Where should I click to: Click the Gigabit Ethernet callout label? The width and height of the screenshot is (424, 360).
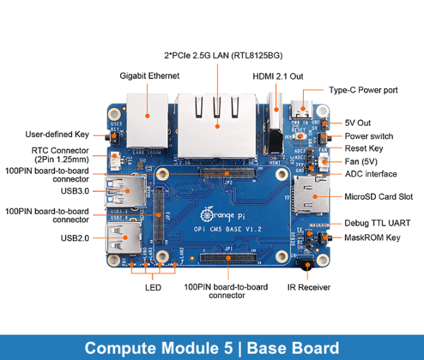[149, 76]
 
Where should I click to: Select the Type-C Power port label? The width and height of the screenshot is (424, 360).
[363, 90]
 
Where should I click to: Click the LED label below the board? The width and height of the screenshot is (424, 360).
[153, 287]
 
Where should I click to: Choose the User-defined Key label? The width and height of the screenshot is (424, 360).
[57, 133]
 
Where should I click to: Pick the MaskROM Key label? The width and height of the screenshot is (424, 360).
[372, 237]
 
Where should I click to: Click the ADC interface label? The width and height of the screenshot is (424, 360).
[370, 174]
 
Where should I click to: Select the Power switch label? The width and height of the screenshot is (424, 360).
[369, 136]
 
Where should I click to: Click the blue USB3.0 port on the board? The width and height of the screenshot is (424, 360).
[126, 191]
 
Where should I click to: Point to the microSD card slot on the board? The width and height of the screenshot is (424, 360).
[307, 196]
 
